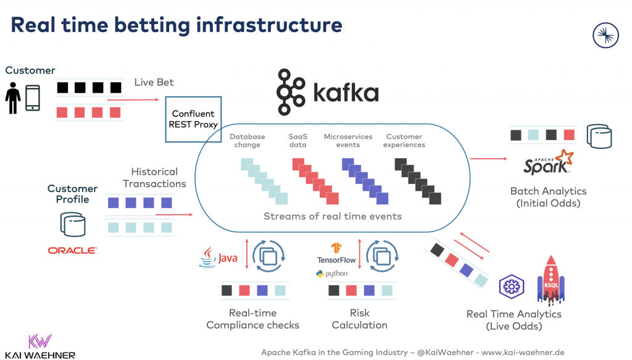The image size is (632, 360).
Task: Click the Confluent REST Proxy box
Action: pos(193,119)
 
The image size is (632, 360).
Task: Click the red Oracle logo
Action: pos(72,250)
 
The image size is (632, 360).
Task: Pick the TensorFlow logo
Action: pos(336,254)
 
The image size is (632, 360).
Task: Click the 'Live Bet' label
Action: pos(154,82)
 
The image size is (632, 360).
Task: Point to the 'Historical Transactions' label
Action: pos(154,177)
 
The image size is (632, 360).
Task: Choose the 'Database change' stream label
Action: pos(247,141)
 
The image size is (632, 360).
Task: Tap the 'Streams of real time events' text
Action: pos(333,216)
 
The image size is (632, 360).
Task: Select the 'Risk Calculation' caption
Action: pos(359,319)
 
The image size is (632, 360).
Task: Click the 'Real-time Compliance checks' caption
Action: pos(252,319)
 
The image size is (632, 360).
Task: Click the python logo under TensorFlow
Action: pos(331,274)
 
